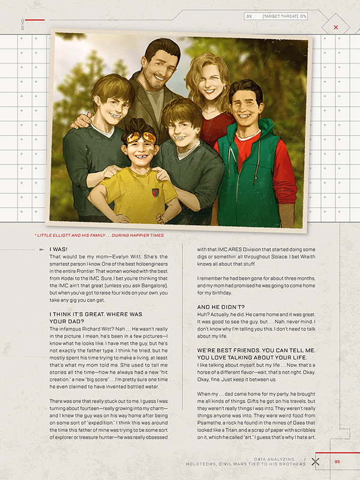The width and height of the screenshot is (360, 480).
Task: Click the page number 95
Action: pos(337,461)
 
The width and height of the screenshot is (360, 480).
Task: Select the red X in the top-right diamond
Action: pos(335,27)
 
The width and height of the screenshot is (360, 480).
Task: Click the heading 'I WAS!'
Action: pos(58,249)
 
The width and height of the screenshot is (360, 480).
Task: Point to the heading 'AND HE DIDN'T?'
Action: pos(220,307)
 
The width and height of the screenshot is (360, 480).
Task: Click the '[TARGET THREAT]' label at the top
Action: pos(280,16)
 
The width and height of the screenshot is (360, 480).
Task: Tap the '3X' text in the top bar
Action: pos(249,16)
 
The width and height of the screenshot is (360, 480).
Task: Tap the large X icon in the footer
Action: pos(316,461)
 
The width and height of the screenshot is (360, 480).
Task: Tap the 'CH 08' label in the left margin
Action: pos(22,24)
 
